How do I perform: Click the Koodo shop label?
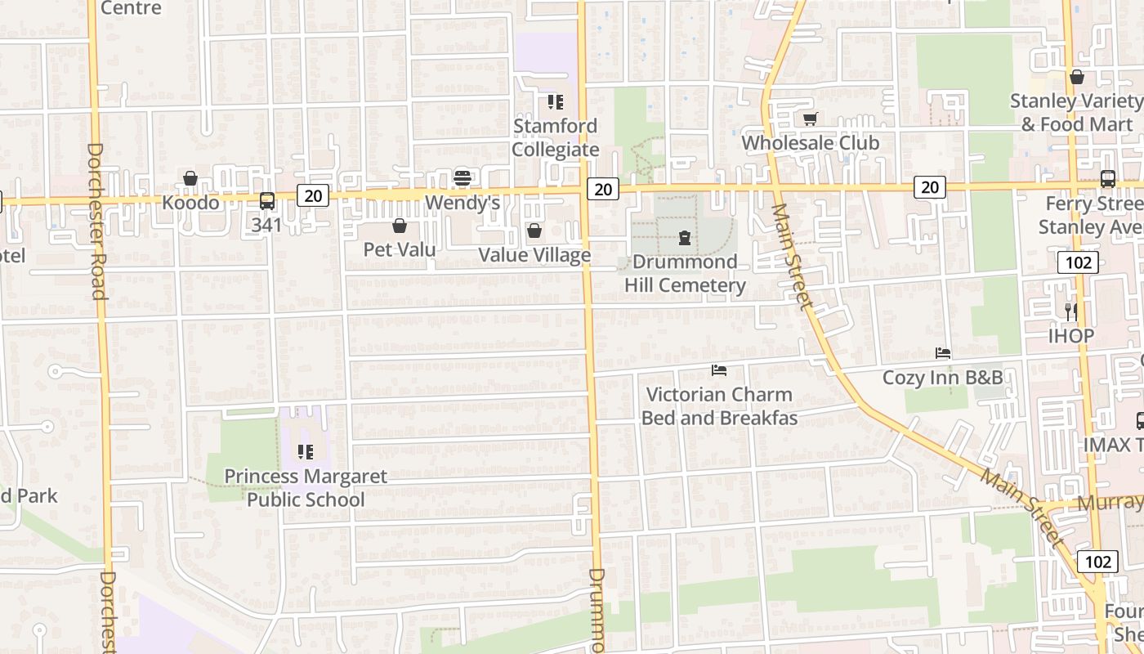[x=190, y=202]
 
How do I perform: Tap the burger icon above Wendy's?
[x=463, y=178]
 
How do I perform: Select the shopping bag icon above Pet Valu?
[x=400, y=226]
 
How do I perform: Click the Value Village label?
[x=534, y=254]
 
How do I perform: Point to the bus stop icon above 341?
[x=267, y=200]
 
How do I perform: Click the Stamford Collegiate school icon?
[x=556, y=102]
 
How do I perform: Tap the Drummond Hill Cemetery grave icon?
[x=685, y=239]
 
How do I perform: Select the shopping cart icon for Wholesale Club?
[x=810, y=119]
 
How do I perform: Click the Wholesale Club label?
[x=810, y=142]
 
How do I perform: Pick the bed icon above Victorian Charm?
[x=719, y=371]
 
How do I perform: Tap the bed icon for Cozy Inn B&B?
[x=943, y=354]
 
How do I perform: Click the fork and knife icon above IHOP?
[x=1071, y=311]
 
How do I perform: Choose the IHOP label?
[x=1071, y=335]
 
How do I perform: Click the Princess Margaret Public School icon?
[x=306, y=452]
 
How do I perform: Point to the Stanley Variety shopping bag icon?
[x=1077, y=78]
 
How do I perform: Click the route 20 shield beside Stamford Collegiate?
[x=602, y=189]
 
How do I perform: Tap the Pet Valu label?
[x=400, y=249]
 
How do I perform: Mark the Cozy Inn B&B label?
[x=942, y=378]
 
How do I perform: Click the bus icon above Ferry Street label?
[x=1108, y=179]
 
